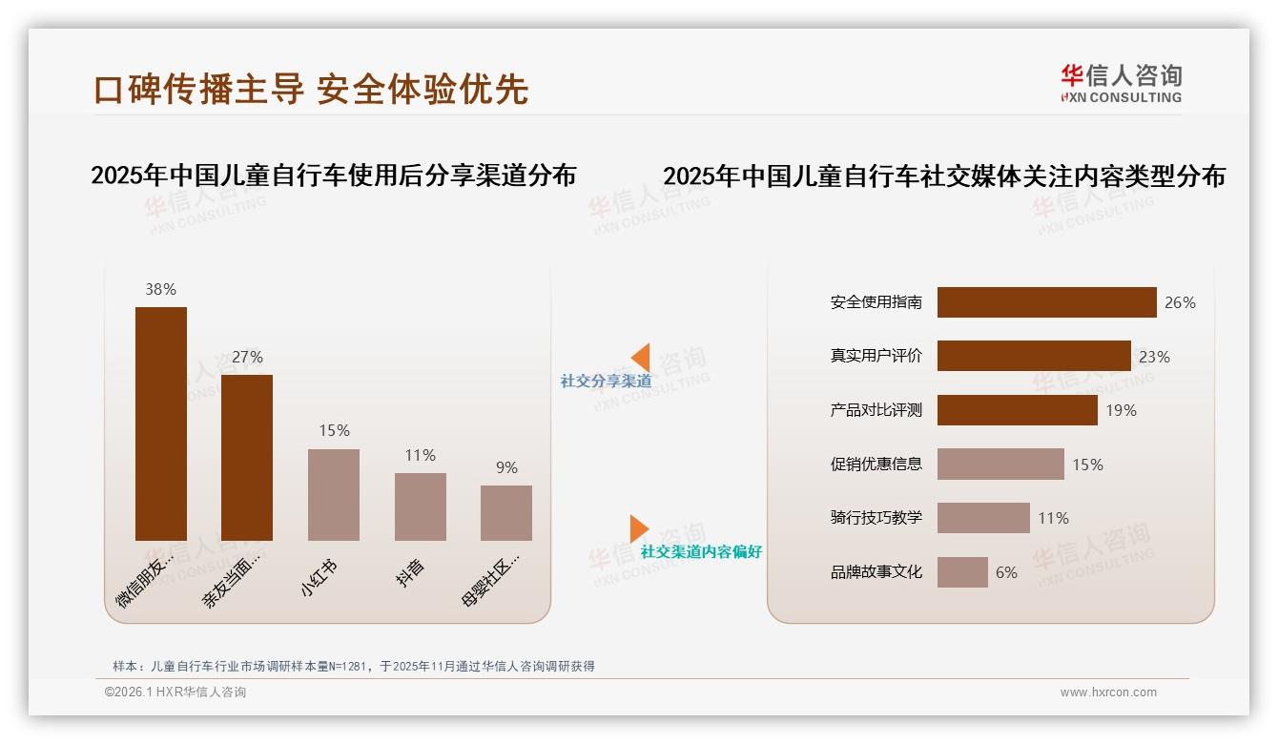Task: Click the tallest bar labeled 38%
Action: pos(160,424)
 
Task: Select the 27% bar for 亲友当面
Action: pos(247,458)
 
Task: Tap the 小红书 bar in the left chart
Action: pos(334,495)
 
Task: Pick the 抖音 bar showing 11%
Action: pos(420,506)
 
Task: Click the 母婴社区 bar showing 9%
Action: pos(506,513)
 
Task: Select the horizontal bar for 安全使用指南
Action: pos(1046,302)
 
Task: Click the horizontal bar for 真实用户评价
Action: pos(1034,356)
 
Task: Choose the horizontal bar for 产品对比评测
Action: pos(1017,410)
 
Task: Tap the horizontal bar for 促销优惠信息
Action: pos(1000,465)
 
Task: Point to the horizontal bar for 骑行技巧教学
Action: pos(983,518)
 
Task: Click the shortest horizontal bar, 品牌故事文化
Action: pos(962,572)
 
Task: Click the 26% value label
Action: pos(1180,302)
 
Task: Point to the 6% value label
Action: pos(1006,572)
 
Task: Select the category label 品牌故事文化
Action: pos(876,572)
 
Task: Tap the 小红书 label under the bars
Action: pos(319,578)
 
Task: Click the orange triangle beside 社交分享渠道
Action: pos(641,358)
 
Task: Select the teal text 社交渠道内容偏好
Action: pos(701,551)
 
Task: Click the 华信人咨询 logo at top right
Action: pos(1121,84)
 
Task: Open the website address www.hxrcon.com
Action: pos(1108,692)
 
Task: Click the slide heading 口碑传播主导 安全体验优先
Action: pos(311,89)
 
